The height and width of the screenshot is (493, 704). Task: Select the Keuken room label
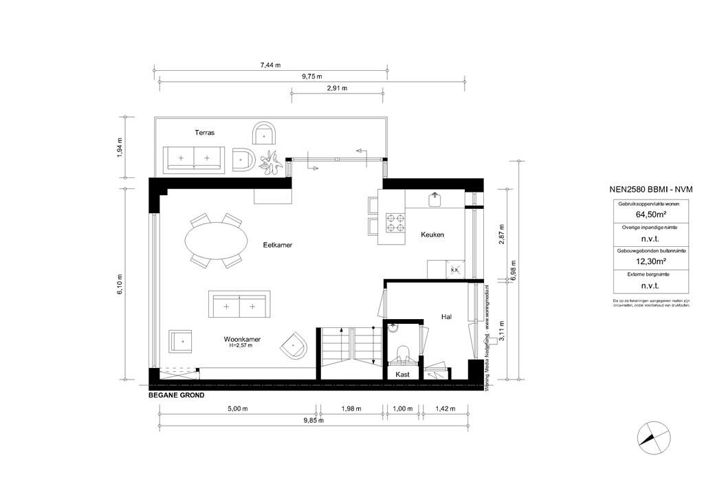click(432, 235)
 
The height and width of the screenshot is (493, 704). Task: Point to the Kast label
click(403, 375)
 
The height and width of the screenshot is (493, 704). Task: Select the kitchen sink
click(434, 199)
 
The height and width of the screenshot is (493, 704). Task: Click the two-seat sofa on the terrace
click(193, 159)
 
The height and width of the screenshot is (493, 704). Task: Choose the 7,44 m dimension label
click(270, 65)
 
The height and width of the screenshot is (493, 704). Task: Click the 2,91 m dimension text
click(337, 88)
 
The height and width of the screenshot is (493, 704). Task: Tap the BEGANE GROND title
click(176, 396)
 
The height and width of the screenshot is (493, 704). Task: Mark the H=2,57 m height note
click(241, 346)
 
